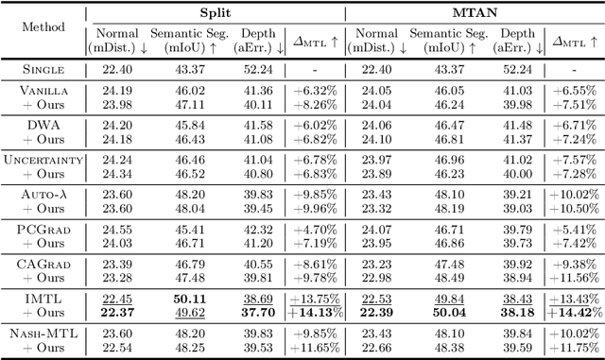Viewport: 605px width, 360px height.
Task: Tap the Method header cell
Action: tap(43, 27)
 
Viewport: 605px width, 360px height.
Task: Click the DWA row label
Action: tap(43, 124)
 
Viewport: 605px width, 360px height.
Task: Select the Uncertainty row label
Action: tap(43, 159)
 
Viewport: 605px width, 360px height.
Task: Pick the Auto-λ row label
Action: tap(43, 194)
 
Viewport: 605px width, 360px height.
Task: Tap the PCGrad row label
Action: tap(43, 229)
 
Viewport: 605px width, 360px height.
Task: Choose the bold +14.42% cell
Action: tap(573, 312)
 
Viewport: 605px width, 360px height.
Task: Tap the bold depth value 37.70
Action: tap(258, 312)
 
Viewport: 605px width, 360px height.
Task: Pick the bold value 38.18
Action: tap(515, 312)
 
